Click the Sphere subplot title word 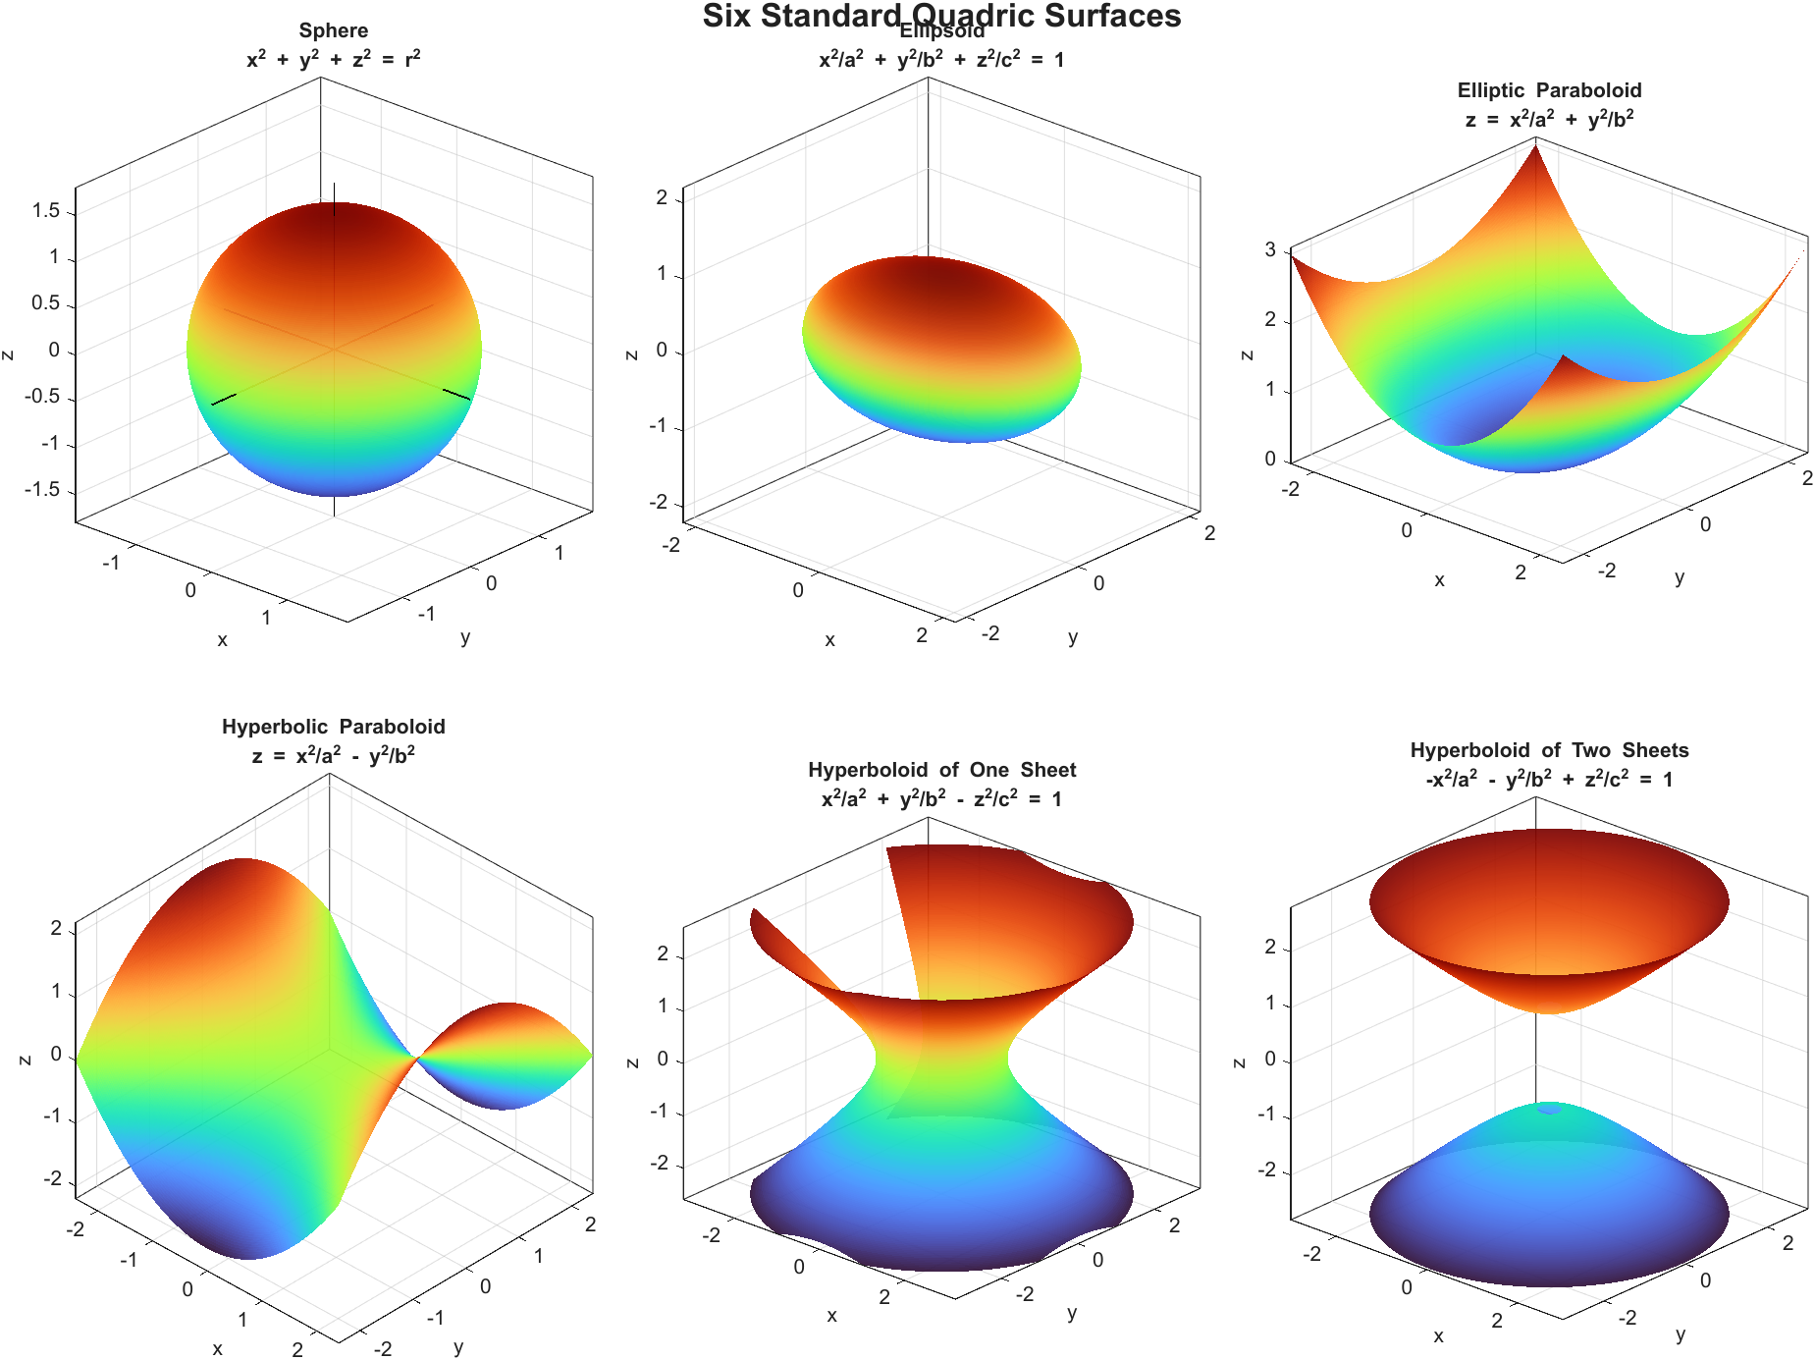pyautogui.click(x=334, y=30)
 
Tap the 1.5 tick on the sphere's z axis pyautogui.click(x=46, y=211)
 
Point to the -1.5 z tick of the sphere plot pyautogui.click(x=42, y=489)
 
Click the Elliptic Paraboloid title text pyautogui.click(x=1549, y=90)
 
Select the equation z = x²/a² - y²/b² pyautogui.click(x=334, y=755)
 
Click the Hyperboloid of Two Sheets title pyautogui.click(x=1549, y=750)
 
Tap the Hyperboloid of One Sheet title pyautogui.click(x=941, y=770)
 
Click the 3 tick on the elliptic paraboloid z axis pyautogui.click(x=1270, y=249)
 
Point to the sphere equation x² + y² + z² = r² pyautogui.click(x=334, y=59)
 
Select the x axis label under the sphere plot pyautogui.click(x=222, y=640)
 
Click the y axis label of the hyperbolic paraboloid pyautogui.click(x=458, y=1346)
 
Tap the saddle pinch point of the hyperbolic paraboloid pyautogui.click(x=417, y=1057)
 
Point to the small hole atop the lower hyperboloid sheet pyautogui.click(x=1549, y=1108)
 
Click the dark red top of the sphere pyautogui.click(x=334, y=221)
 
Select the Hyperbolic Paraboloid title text pyautogui.click(x=334, y=727)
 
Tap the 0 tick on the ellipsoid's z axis pyautogui.click(x=662, y=351)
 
